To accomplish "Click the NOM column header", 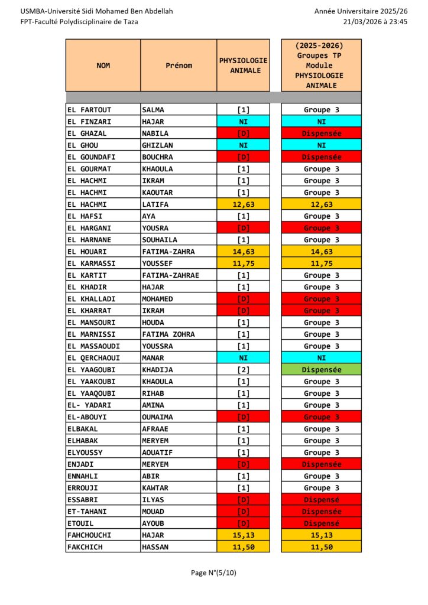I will point(103,66).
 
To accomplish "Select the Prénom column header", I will point(179,66).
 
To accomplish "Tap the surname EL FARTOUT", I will point(89,110).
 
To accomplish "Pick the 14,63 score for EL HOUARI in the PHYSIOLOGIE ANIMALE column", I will point(243,252).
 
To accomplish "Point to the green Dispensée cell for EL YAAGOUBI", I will point(321,370).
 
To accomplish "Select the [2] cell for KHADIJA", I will point(243,370).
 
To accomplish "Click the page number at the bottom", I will point(213,573).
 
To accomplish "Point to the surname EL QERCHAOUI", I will point(93,358).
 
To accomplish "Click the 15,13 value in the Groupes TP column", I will point(321,535).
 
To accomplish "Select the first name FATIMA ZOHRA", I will point(168,334).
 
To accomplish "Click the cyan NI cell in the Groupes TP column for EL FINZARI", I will point(321,122).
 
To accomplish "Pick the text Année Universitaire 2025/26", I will point(361,11).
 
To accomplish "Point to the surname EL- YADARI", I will point(89,405).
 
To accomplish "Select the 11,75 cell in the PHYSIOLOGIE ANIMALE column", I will point(243,264).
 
